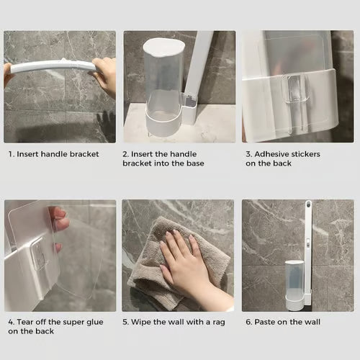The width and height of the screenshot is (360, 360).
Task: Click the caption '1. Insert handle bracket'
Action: (x=53, y=154)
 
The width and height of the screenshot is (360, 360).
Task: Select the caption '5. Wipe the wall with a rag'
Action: (x=172, y=322)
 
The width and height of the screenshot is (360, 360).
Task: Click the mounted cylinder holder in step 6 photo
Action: (x=295, y=281)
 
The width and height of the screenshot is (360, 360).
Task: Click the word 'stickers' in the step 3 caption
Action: (x=306, y=154)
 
